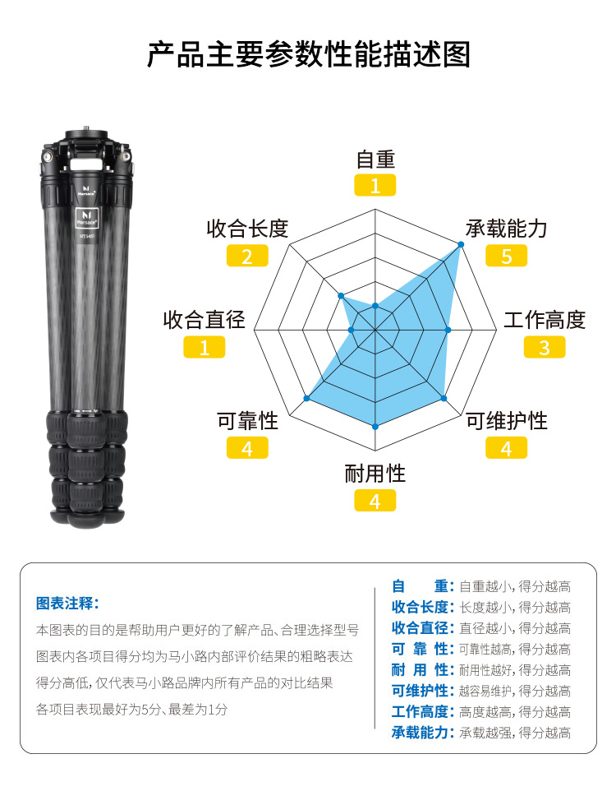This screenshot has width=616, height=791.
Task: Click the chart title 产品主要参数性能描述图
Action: [x=309, y=54]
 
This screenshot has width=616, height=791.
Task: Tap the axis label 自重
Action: [x=375, y=160]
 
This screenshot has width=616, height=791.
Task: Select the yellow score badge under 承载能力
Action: [x=506, y=256]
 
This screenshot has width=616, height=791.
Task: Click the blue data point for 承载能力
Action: [x=461, y=244]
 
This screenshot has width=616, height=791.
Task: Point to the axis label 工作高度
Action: [x=545, y=320]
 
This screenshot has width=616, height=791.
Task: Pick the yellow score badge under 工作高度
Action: [x=545, y=348]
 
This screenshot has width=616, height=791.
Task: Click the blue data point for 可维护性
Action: [x=444, y=399]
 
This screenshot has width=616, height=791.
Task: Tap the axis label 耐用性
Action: [x=375, y=474]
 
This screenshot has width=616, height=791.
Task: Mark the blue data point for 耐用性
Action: [x=375, y=427]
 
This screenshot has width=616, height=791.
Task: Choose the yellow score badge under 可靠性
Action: [x=247, y=448]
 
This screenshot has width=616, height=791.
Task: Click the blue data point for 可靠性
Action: [x=306, y=399]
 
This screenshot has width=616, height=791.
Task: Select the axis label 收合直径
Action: [x=204, y=320]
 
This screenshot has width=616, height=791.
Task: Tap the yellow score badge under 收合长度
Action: [x=247, y=256]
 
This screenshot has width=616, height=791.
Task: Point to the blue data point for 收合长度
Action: [x=341, y=296]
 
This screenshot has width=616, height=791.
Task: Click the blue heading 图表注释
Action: [x=67, y=603]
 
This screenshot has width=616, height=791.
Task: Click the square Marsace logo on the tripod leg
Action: [x=86, y=218]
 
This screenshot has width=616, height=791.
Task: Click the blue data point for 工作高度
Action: [x=448, y=330]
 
